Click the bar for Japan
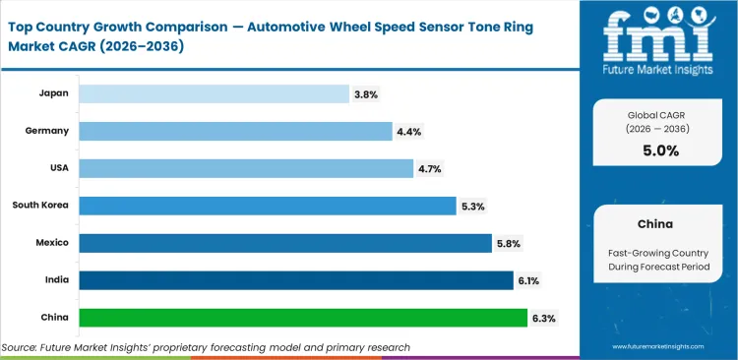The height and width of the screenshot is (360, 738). coord(214,93)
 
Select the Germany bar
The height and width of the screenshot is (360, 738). coord(235,131)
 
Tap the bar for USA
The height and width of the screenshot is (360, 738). coord(246,168)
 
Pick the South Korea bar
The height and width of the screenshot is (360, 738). coord(268,206)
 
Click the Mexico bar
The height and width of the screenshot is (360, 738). coord(285,243)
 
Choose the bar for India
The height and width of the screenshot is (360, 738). coord(296,280)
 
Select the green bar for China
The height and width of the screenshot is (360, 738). coord(303,318)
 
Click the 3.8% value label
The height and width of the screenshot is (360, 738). coord(366,94)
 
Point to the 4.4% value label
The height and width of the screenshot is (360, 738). coord(408,132)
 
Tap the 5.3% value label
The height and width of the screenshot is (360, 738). coord(473,206)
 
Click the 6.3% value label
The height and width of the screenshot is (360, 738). coord(543,318)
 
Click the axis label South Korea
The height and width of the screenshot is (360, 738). coord(39,206)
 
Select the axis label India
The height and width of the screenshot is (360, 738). coord(56,280)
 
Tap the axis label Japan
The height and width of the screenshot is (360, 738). coord(54,93)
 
